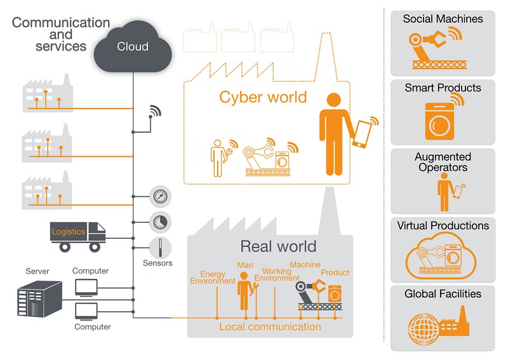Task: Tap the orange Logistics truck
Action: click(77, 235)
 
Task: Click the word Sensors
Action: click(158, 263)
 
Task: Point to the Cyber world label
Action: click(262, 97)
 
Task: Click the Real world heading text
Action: click(277, 247)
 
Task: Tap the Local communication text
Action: click(270, 327)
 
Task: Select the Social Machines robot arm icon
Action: click(435, 48)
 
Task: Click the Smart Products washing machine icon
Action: click(439, 120)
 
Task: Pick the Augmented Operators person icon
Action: click(444, 194)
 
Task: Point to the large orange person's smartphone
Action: click(361, 133)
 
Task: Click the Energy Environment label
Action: click(213, 277)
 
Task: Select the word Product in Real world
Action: click(335, 272)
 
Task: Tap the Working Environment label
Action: click(277, 274)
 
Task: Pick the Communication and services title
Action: click(61, 34)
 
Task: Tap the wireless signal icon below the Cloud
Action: click(154, 112)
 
